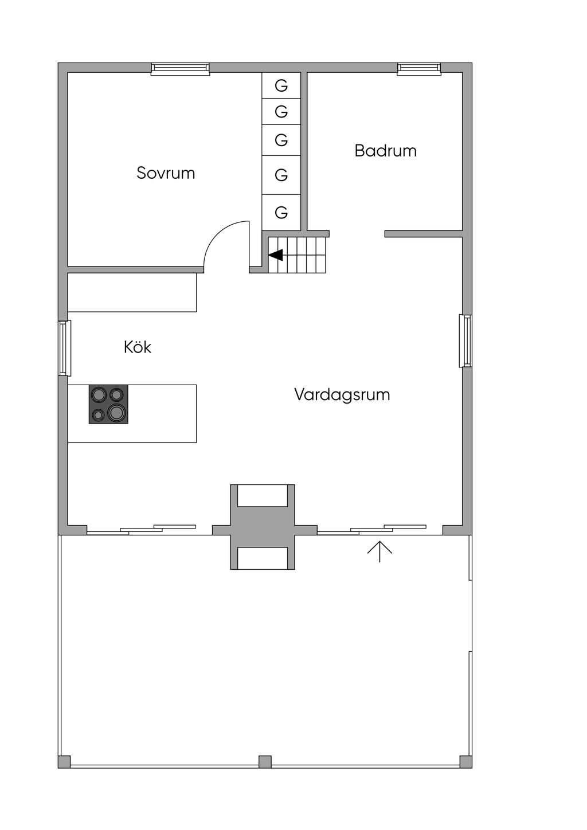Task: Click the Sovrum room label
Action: pos(166,173)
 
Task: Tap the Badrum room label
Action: pos(385,151)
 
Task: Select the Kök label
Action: pos(138,347)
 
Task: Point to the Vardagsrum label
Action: pos(342,394)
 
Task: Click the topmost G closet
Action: pos(281,85)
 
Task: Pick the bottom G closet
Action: pos(281,212)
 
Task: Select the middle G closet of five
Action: pos(281,140)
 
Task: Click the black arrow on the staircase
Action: pos(276,255)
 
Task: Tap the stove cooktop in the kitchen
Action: pos(108,404)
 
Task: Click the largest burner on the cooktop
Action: pos(117,412)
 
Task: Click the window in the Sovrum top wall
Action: pos(180,69)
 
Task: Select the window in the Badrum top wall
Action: pos(419,69)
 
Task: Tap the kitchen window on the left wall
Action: pos(64,348)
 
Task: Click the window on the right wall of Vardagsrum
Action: pos(465,341)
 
